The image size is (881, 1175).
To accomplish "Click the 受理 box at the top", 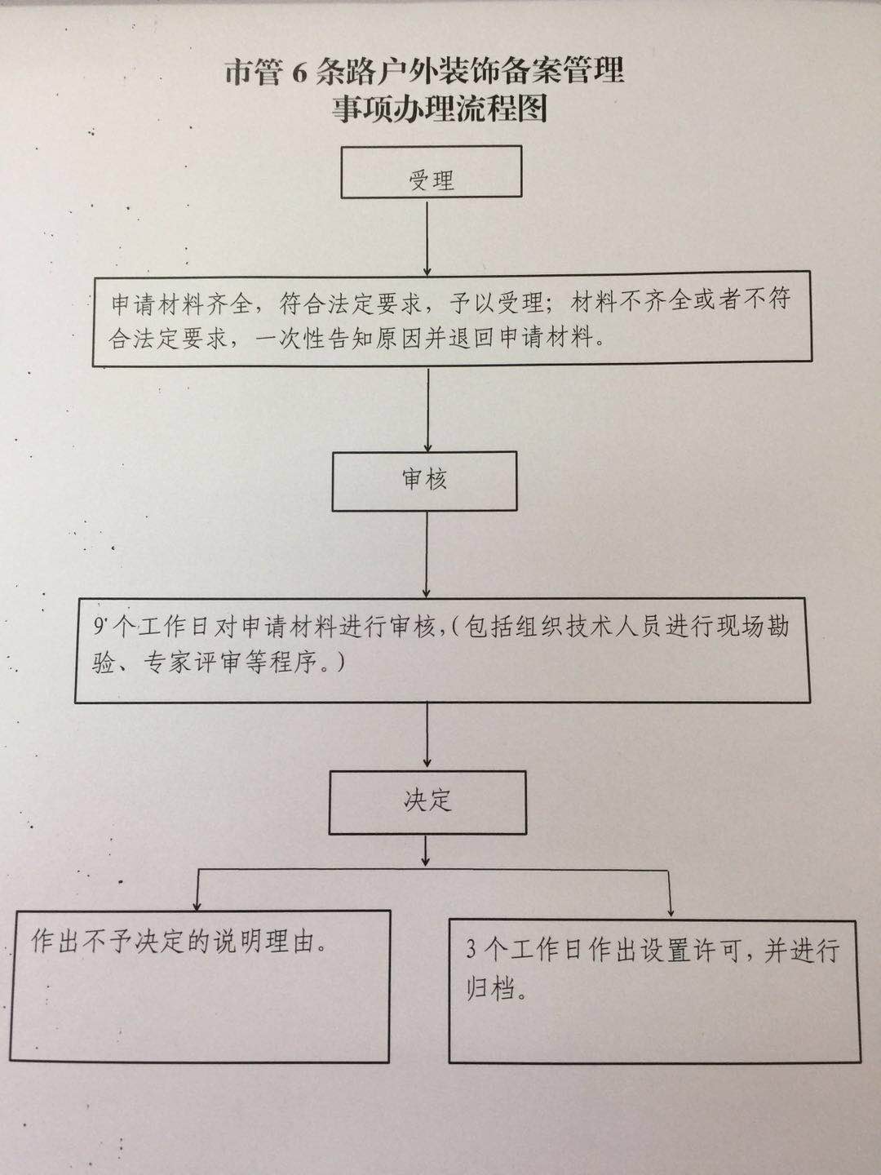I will pyautogui.click(x=431, y=173).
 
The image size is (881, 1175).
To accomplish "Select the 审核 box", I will pyautogui.click(x=424, y=481).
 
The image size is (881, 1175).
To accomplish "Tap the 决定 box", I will pyautogui.click(x=427, y=802).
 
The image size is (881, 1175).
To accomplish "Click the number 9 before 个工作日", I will pyautogui.click(x=100, y=627).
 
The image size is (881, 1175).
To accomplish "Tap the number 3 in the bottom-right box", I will pyautogui.click(x=471, y=950).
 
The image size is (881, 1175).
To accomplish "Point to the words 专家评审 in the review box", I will pyautogui.click(x=192, y=663).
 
